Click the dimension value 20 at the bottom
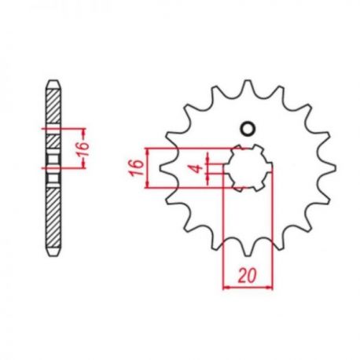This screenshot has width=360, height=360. [247, 275]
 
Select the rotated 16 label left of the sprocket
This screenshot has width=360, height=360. [137, 167]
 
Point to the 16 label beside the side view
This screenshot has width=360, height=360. [84, 149]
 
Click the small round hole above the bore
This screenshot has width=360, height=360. [248, 129]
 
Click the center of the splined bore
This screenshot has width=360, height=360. [248, 167]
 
